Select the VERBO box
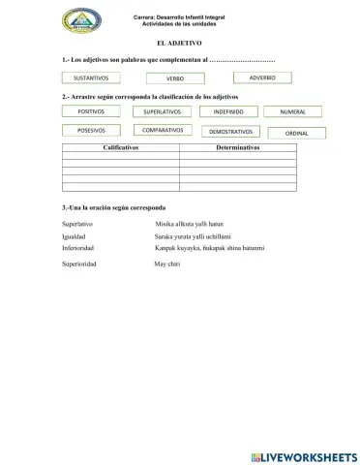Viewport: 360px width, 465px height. pyautogui.click(x=174, y=77)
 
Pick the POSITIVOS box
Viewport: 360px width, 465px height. pyautogui.click(x=90, y=112)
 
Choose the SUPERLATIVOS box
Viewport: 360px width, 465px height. pyautogui.click(x=161, y=112)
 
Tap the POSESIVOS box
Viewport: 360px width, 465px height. pyautogui.click(x=90, y=130)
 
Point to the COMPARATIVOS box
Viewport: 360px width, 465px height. pyautogui.click(x=162, y=130)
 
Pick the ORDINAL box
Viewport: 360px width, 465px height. pyautogui.click(x=296, y=132)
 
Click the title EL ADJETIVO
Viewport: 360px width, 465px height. pyautogui.click(x=179, y=44)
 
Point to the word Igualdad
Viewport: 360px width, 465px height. pyautogui.click(x=74, y=236)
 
